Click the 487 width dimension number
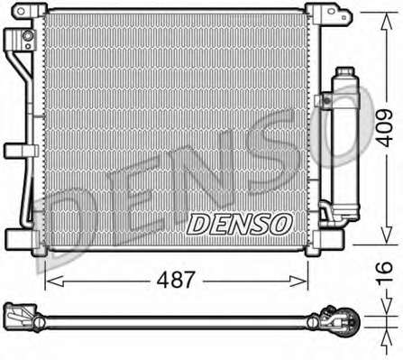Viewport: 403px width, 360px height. (177, 280)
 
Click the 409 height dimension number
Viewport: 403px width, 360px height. (385, 128)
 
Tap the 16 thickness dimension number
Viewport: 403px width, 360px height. (385, 272)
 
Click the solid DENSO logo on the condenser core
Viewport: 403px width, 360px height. (240, 224)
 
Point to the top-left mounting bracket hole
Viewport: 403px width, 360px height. (21, 12)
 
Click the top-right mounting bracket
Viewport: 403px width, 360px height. (328, 14)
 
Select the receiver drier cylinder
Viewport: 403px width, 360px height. (345, 144)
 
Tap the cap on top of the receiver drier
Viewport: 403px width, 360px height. (345, 72)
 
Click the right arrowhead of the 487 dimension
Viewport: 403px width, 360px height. (298, 281)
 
